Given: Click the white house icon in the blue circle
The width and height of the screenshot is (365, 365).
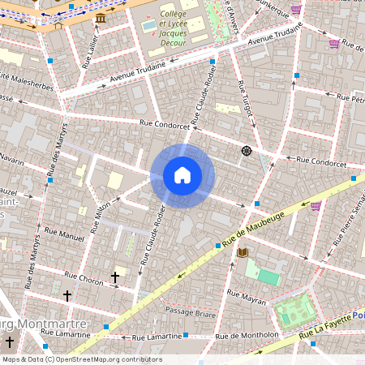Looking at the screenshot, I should [x=182, y=175].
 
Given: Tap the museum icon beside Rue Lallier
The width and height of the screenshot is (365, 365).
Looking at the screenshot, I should [x=100, y=18].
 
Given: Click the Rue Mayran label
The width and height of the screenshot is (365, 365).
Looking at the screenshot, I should [x=247, y=300].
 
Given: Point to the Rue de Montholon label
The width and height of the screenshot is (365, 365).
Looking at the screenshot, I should [x=247, y=334].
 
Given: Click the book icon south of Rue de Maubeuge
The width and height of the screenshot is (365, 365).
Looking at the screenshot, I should [x=242, y=253].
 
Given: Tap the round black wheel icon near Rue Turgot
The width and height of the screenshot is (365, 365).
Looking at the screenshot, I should [x=246, y=150].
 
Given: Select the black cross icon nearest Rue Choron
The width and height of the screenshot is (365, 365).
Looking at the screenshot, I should [x=115, y=277].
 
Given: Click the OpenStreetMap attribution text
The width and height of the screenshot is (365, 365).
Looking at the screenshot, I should [x=81, y=359].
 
